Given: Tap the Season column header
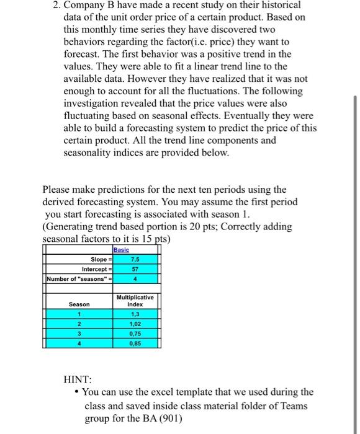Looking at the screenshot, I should point(79,304).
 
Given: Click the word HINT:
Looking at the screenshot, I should point(78,378).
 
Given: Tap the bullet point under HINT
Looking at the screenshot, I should point(76,392).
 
